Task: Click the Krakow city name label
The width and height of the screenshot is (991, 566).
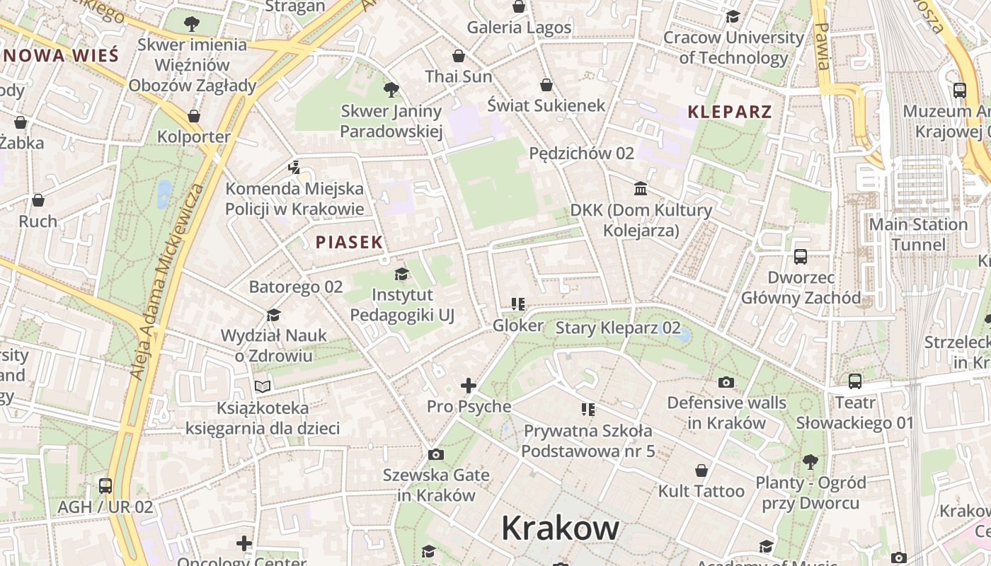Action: [x=560, y=529]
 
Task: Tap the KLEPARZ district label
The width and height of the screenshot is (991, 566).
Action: [x=729, y=112]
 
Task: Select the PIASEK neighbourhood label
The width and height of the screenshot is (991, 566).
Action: [x=349, y=242]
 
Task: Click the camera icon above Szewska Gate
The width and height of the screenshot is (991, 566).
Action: [x=436, y=454]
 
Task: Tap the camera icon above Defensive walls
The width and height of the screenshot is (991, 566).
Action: [x=726, y=383]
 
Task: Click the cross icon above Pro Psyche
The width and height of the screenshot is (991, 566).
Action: [x=469, y=386]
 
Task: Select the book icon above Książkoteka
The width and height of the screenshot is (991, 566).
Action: [x=263, y=387]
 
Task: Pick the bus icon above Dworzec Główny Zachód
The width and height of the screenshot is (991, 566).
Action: [x=801, y=257]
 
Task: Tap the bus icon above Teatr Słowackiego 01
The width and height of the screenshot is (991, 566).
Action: [x=855, y=381]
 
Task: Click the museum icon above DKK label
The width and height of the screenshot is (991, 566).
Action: [x=641, y=188]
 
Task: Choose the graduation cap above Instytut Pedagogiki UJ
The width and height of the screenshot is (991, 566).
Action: [x=401, y=274]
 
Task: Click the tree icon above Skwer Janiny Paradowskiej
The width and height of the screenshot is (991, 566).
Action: [x=391, y=90]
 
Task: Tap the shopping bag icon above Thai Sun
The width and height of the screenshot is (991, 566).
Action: [x=459, y=56]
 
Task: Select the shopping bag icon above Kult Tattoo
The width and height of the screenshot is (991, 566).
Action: [x=701, y=470]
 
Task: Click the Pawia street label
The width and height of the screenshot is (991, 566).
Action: [x=822, y=46]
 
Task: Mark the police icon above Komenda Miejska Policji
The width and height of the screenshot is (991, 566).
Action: [x=294, y=168]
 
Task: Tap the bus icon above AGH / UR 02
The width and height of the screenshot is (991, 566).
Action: [x=105, y=486]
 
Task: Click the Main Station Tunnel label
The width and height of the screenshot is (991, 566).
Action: [x=917, y=234]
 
